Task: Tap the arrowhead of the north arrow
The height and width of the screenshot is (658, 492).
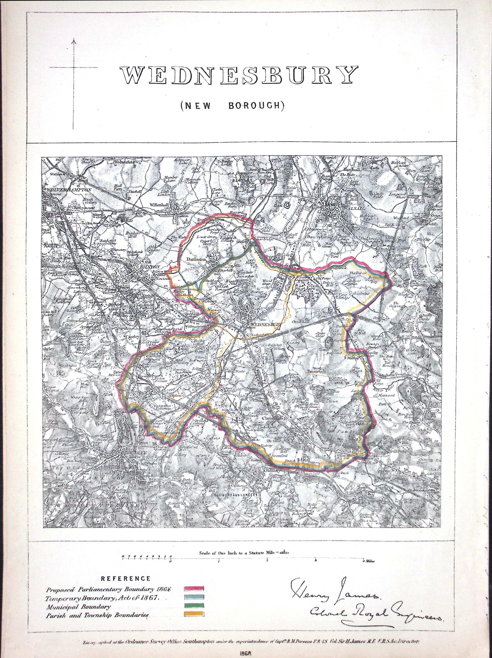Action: point(74,40)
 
